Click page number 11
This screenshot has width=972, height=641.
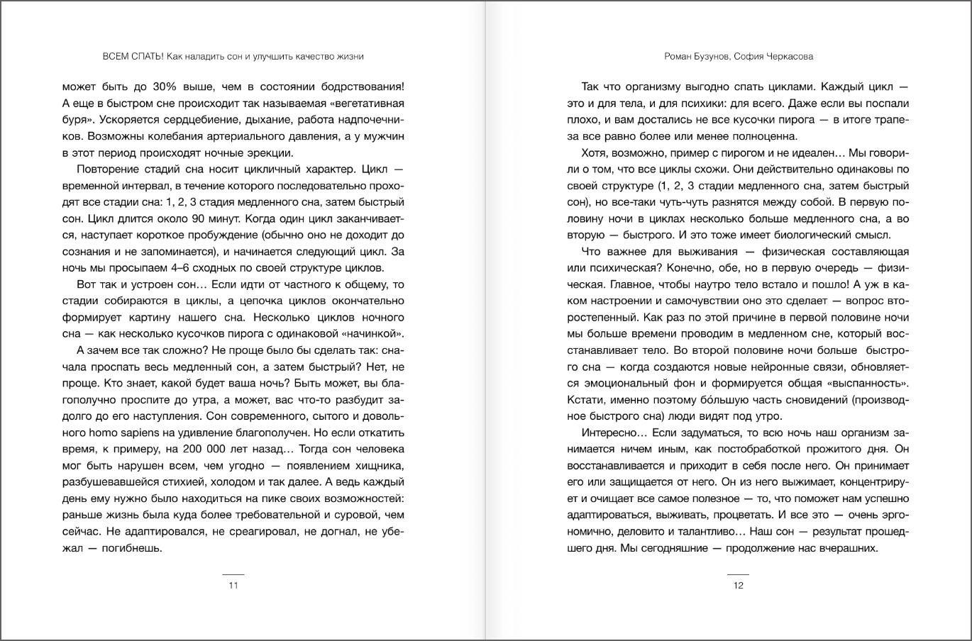[x=233, y=586]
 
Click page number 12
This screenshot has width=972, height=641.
[x=738, y=586]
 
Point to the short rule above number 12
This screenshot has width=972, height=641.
[x=738, y=574]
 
